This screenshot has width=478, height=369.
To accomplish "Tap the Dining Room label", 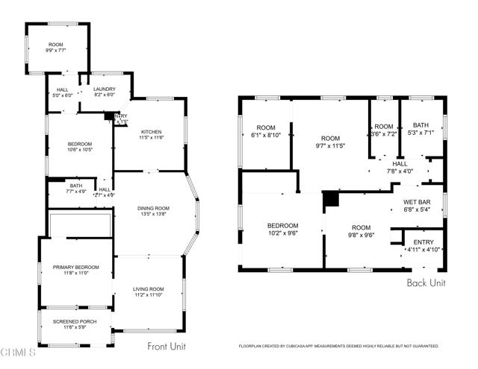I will click(x=153, y=208).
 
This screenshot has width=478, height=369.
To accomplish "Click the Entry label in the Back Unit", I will click(x=423, y=242).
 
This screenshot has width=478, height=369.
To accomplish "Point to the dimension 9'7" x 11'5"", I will click(x=329, y=145).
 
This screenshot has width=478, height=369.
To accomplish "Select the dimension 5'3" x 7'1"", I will click(x=420, y=135).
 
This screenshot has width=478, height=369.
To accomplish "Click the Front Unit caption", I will click(x=167, y=346).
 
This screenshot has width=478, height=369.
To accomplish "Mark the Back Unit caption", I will click(x=426, y=283).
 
